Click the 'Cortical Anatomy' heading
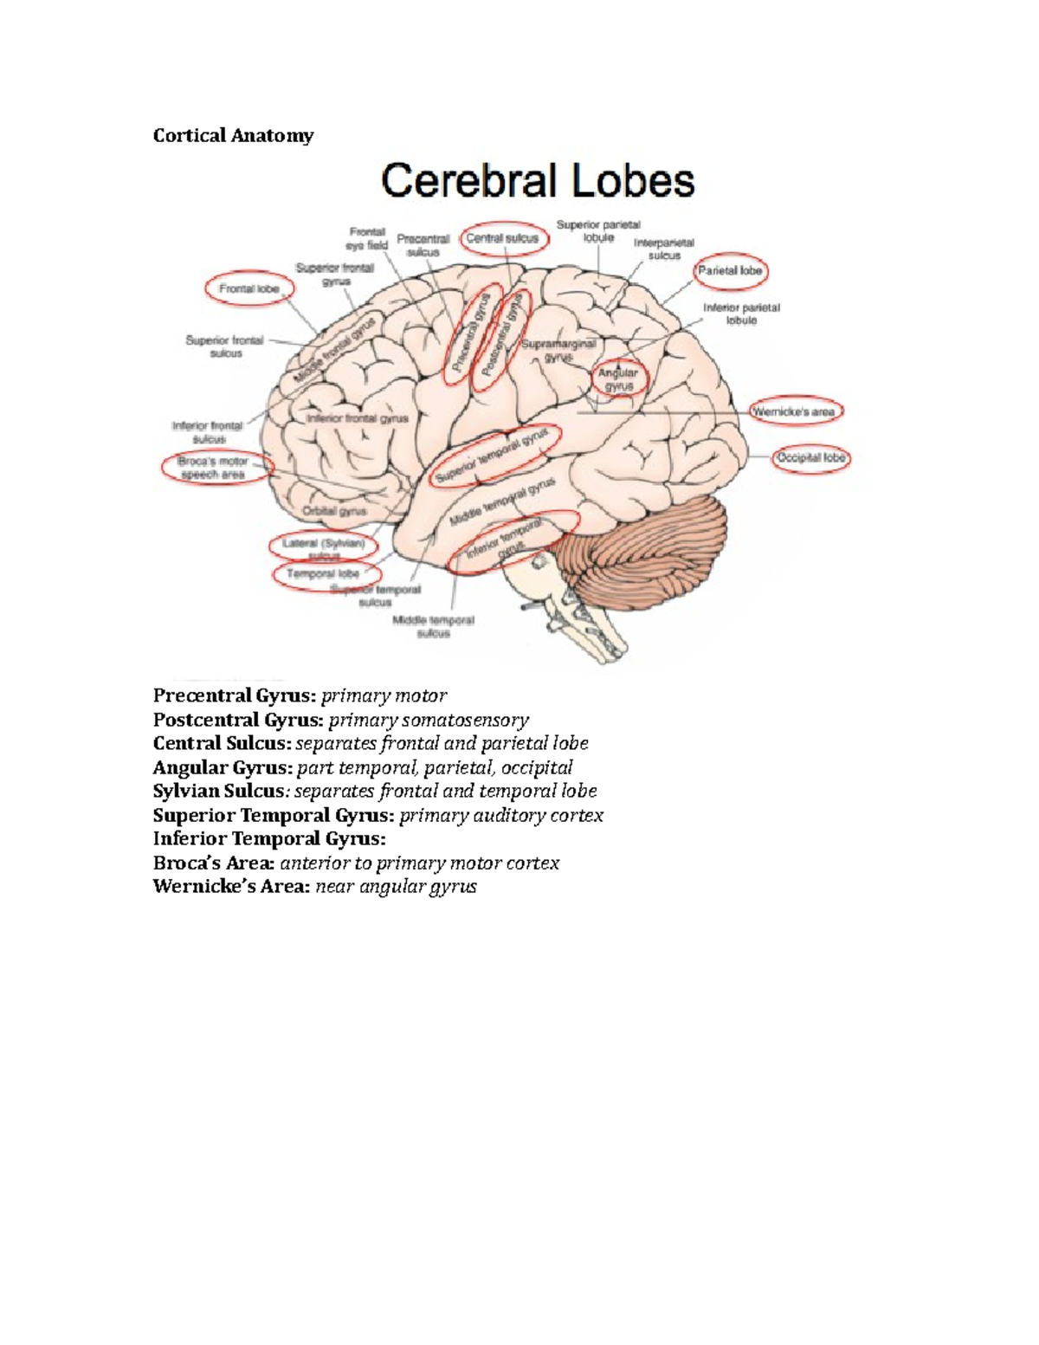(x=233, y=135)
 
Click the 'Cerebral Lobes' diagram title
(x=538, y=181)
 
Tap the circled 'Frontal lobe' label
(x=249, y=288)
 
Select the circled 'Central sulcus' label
(x=503, y=238)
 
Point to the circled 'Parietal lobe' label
(x=731, y=271)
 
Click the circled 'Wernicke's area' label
(x=794, y=411)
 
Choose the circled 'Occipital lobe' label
(x=811, y=457)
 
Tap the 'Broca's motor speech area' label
(x=214, y=468)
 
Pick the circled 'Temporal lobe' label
(x=323, y=573)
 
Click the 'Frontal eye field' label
(x=367, y=238)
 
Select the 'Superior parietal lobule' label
(x=598, y=230)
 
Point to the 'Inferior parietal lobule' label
(x=741, y=314)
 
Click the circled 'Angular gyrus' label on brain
(x=618, y=379)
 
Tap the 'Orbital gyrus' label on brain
(x=335, y=511)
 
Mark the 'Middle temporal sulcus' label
(x=434, y=626)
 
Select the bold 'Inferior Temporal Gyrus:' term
(x=268, y=838)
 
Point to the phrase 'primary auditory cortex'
(x=500, y=815)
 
